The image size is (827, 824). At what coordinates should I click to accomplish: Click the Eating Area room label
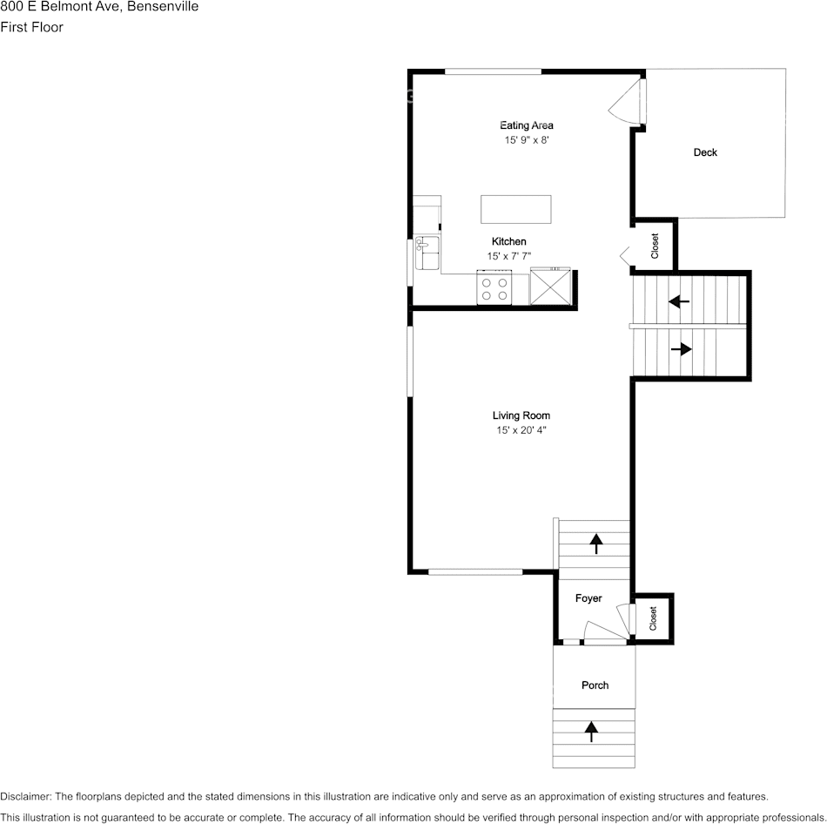pos(526,125)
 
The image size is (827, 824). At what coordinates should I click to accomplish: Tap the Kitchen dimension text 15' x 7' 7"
pos(508,256)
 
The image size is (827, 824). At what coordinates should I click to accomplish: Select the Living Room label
pos(521,415)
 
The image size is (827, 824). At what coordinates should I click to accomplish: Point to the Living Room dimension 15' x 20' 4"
pos(521,430)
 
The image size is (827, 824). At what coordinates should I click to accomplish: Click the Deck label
pos(705,152)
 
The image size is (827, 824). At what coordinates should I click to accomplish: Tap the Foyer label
pos(588,598)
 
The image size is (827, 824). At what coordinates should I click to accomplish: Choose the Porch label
pos(595,686)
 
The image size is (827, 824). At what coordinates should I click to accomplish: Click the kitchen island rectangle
pos(516,209)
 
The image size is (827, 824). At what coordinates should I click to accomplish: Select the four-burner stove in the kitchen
pos(494,288)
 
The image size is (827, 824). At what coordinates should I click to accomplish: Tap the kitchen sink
pos(427,253)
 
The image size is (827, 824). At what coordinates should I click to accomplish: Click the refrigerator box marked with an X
pos(550,287)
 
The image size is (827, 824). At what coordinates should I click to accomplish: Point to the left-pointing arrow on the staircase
pos(679,301)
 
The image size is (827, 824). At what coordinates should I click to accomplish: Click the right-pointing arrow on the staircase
pos(681,349)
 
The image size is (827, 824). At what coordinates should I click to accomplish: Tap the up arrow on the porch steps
pos(593,731)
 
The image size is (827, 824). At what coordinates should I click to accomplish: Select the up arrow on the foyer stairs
pos(596,544)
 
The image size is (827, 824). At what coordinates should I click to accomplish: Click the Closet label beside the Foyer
pos(654,619)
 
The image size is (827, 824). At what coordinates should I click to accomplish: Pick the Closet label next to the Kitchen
pos(655,246)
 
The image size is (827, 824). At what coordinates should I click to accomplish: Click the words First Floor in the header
pos(31,27)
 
